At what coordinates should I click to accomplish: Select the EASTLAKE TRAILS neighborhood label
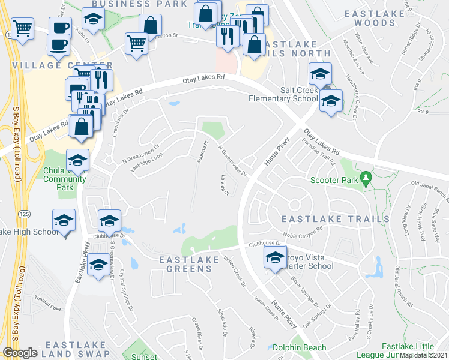tap(336, 219)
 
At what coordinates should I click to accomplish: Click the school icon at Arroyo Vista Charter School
tap(276, 259)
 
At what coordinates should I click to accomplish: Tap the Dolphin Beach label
tap(299, 347)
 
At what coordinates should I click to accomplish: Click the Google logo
tap(20, 352)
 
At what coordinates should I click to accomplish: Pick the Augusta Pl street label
tap(203, 150)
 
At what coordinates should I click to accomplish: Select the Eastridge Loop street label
tap(147, 163)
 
